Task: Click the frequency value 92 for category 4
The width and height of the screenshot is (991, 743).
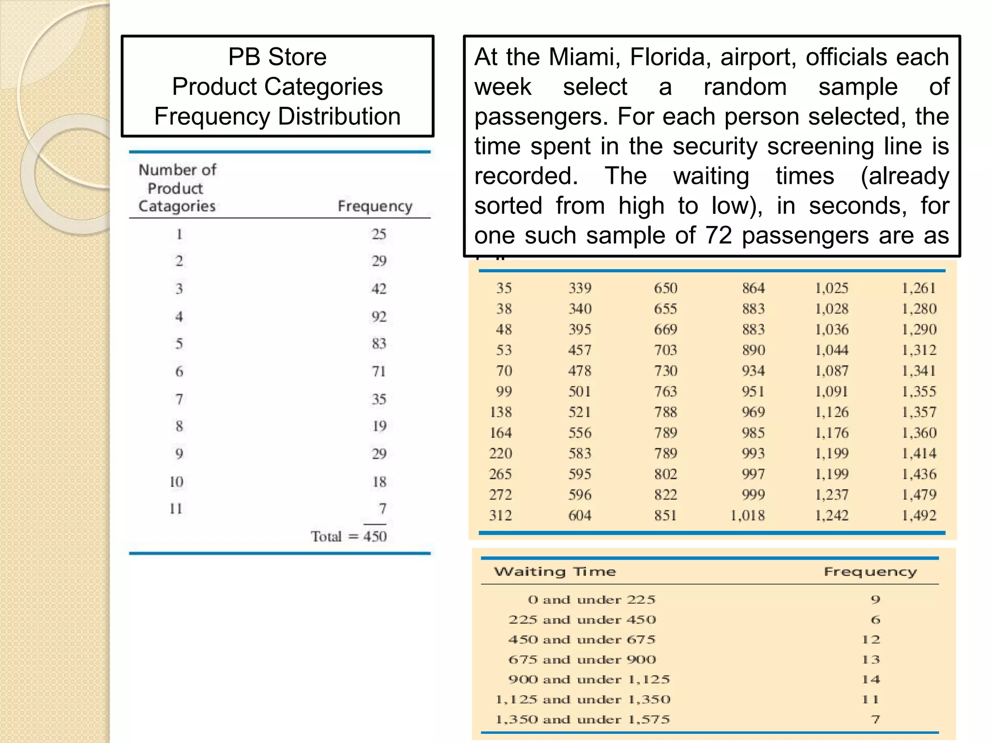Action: click(x=379, y=317)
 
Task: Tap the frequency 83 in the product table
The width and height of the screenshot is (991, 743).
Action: click(x=379, y=344)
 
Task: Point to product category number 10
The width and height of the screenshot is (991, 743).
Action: click(x=177, y=482)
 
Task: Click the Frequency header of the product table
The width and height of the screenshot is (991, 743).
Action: click(x=375, y=206)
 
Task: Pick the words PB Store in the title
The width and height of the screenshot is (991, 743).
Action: click(x=277, y=57)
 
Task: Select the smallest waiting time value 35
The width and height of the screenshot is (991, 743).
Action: click(x=504, y=288)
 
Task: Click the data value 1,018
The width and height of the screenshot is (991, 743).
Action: click(x=748, y=516)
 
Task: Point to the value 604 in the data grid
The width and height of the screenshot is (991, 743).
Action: click(x=580, y=516)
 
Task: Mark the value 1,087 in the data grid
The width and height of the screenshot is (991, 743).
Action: click(x=832, y=371)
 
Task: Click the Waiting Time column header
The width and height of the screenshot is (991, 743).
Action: click(x=555, y=572)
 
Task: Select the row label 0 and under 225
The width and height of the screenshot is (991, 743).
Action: click(x=591, y=600)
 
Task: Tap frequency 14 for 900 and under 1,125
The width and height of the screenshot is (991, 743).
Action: click(x=871, y=680)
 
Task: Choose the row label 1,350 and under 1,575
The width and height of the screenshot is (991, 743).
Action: click(x=583, y=720)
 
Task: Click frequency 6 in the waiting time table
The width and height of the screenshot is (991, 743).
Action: click(x=875, y=620)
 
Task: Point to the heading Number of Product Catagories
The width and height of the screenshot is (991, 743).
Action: click(x=177, y=188)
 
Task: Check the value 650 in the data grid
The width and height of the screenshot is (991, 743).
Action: click(x=665, y=288)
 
